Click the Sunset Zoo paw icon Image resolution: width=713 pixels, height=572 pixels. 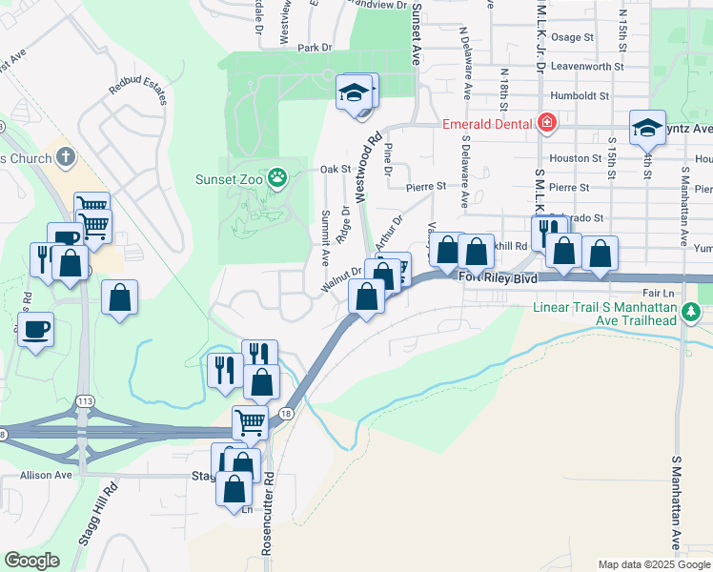(276, 177)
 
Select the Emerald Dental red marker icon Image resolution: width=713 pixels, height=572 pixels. (547, 122)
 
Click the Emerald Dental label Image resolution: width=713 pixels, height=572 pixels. (487, 123)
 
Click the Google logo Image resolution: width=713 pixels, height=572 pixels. (32, 561)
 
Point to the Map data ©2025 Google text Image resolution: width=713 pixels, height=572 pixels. (653, 564)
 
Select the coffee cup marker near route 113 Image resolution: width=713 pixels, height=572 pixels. (35, 331)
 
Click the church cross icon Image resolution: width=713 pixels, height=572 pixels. (65, 156)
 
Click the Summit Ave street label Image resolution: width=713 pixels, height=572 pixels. (325, 235)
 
